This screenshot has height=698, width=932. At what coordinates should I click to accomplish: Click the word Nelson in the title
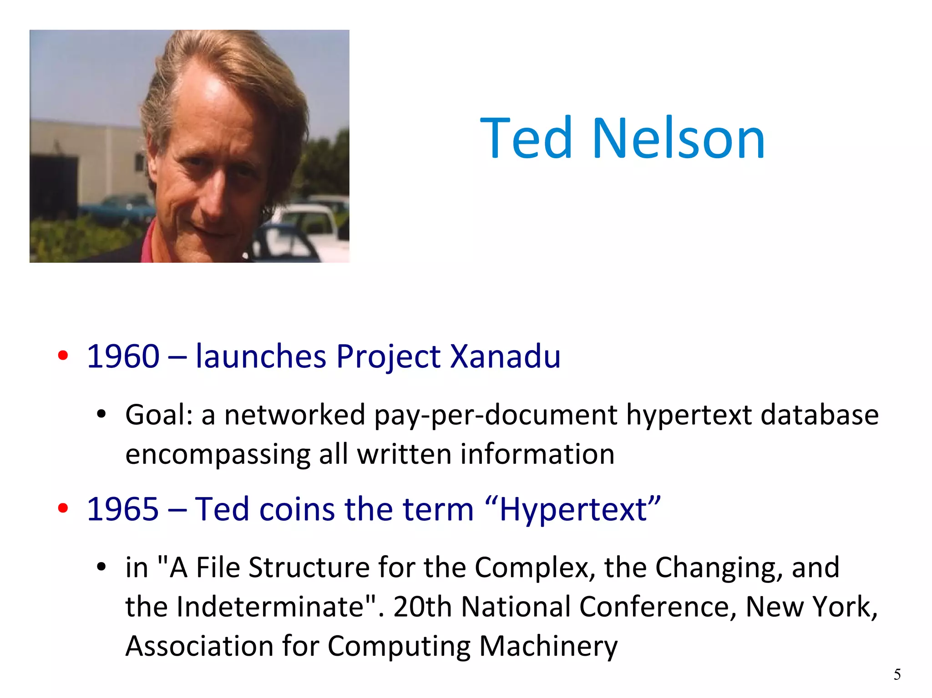[679, 138]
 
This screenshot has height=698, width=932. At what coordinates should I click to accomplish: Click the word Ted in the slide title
[526, 138]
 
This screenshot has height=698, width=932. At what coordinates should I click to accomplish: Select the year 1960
[123, 356]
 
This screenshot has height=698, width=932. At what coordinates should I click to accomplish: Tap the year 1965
[123, 509]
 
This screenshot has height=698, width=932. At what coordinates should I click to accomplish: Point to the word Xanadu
[505, 356]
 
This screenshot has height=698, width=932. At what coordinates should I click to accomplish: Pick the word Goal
[159, 415]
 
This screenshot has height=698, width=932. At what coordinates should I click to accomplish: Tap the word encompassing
[218, 455]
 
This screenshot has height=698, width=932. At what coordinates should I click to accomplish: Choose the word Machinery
[548, 646]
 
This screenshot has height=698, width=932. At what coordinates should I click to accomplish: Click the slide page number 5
[897, 674]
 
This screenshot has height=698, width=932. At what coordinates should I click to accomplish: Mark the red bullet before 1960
[63, 356]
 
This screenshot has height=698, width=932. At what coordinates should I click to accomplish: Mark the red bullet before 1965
[63, 509]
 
